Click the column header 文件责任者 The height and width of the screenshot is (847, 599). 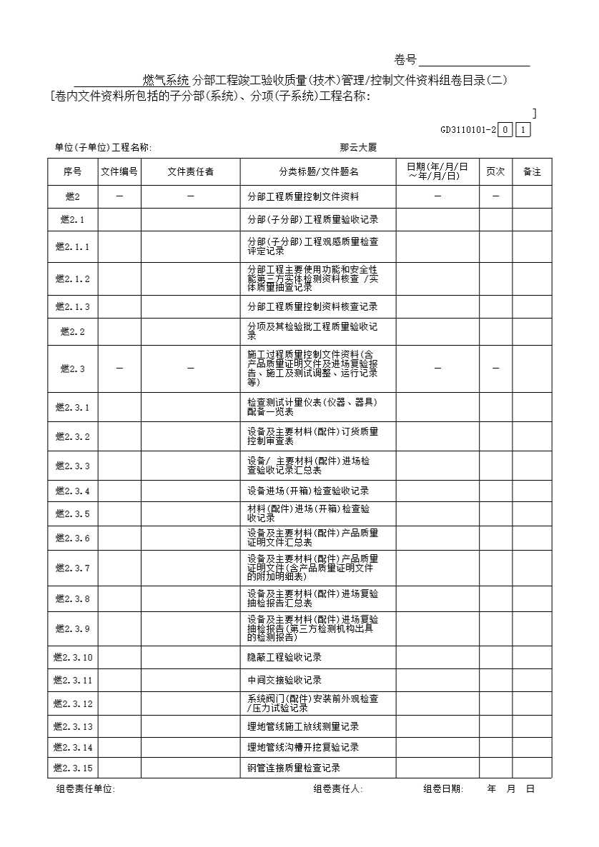click(x=191, y=172)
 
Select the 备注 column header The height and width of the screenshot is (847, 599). click(x=532, y=172)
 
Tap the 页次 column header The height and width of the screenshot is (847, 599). click(x=495, y=172)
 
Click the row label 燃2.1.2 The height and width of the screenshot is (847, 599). click(x=73, y=279)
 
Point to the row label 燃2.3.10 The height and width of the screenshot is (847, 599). click(x=73, y=657)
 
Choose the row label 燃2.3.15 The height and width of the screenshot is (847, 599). click(x=73, y=768)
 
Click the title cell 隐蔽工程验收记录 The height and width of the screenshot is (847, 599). click(x=284, y=657)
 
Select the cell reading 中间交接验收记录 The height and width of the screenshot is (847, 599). click(x=284, y=680)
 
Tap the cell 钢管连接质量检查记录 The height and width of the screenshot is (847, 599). click(x=294, y=768)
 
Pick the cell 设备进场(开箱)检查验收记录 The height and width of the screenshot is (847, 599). click(x=308, y=491)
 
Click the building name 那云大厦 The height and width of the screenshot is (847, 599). click(x=358, y=148)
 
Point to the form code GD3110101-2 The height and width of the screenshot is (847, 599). click(x=468, y=130)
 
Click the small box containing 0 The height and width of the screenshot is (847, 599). click(x=505, y=130)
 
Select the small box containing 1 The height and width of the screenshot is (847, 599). click(x=524, y=130)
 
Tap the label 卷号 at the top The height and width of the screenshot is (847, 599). click(x=405, y=60)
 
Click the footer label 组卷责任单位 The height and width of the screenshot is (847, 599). click(x=86, y=789)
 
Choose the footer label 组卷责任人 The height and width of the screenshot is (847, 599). click(x=338, y=789)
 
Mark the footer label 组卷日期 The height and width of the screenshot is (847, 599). click(x=443, y=789)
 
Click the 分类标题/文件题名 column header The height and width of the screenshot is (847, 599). click(x=319, y=172)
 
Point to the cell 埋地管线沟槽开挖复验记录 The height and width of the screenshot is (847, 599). click(x=303, y=747)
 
